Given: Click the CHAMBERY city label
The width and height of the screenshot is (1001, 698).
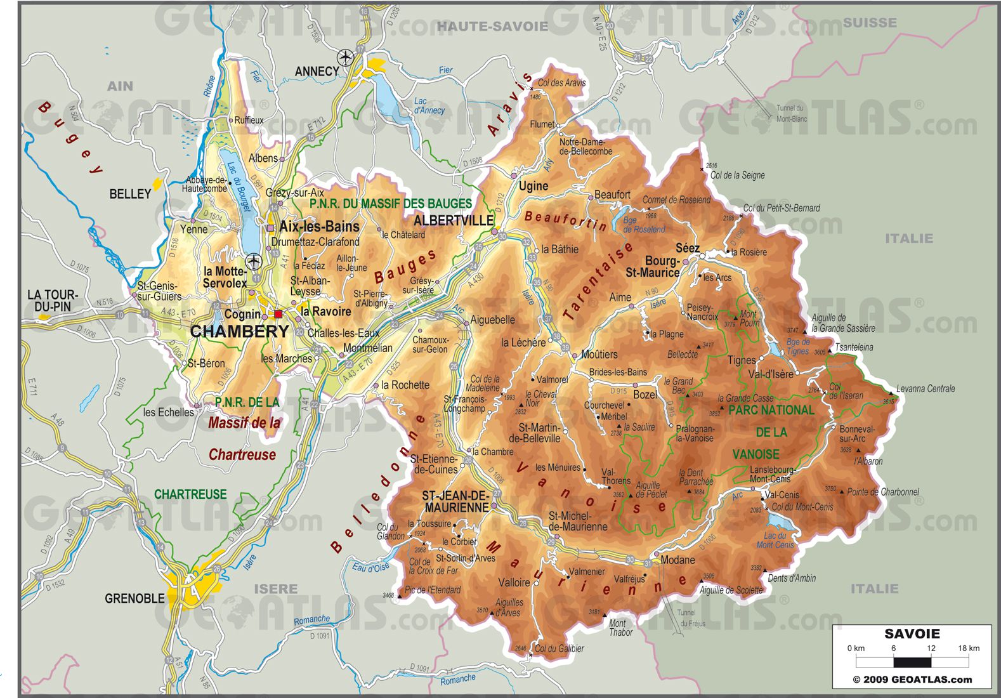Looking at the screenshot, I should [x=239, y=331].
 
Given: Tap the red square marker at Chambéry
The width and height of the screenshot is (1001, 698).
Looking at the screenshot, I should [x=278, y=314].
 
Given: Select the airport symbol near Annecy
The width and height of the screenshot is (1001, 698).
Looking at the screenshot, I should [x=346, y=56].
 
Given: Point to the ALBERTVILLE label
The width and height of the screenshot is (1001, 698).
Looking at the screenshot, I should [x=453, y=220].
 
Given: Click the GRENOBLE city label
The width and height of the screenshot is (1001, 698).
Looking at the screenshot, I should [x=134, y=598].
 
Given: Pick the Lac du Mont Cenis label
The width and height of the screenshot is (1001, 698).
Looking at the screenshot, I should [x=775, y=540].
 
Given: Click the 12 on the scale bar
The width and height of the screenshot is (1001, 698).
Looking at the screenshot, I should [x=931, y=648].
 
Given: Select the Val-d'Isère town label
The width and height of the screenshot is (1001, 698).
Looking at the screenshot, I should [x=771, y=374].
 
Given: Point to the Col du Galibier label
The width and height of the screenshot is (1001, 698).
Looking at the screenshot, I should [x=559, y=648].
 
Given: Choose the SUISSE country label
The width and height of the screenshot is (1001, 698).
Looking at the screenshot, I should [x=870, y=23].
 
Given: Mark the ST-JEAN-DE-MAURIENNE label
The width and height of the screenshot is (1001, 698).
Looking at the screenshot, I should [x=456, y=501].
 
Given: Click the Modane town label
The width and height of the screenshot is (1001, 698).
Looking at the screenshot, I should [x=677, y=560].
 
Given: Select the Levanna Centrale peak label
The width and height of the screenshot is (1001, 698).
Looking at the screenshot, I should [x=926, y=388].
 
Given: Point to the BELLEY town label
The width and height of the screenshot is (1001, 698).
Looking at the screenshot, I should [x=130, y=194].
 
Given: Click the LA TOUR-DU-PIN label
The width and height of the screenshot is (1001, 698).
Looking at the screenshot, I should [x=52, y=301].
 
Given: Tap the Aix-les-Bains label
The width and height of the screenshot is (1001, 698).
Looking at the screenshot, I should [x=319, y=227].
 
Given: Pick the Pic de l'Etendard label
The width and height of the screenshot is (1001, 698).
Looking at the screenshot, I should [x=433, y=589].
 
